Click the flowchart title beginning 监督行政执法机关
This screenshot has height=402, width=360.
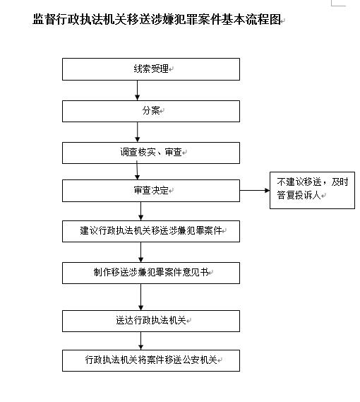point(157,20)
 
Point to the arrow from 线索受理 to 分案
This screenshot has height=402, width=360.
point(138,90)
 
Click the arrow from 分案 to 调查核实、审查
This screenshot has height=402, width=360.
point(138,132)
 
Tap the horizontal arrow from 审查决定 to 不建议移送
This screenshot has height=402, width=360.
point(255,190)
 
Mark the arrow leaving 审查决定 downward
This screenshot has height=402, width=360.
point(140,211)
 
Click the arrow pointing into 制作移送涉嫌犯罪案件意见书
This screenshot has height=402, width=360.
point(140,252)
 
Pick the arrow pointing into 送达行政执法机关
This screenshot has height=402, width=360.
point(140,297)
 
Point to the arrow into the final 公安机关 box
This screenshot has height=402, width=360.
point(140,341)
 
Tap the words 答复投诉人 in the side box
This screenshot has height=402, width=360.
point(299,196)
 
